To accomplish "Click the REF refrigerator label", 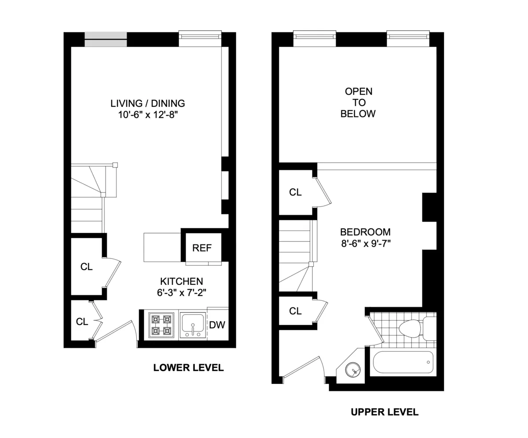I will [x=202, y=248].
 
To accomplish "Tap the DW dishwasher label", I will [x=217, y=325].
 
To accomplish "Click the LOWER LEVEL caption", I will [x=188, y=368].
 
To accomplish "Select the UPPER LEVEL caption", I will [x=385, y=412].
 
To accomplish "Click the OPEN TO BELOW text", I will [x=358, y=102].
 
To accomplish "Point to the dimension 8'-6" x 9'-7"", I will [x=365, y=243].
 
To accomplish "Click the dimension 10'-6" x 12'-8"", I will [x=147, y=115].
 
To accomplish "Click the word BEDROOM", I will [x=365, y=232].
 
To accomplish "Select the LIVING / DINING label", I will [x=147, y=104].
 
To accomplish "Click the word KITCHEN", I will [x=181, y=281].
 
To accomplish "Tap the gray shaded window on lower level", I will [x=106, y=40].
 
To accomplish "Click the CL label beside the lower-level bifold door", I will [x=82, y=321].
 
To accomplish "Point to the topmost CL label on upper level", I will [x=295, y=192].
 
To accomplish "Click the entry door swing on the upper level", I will [x=304, y=367].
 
